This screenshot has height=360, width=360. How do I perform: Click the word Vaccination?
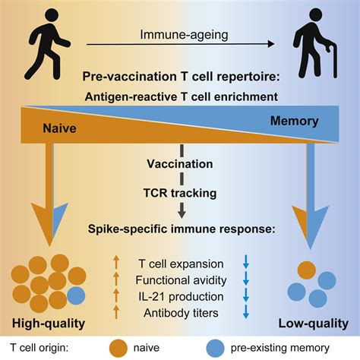[180, 163]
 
